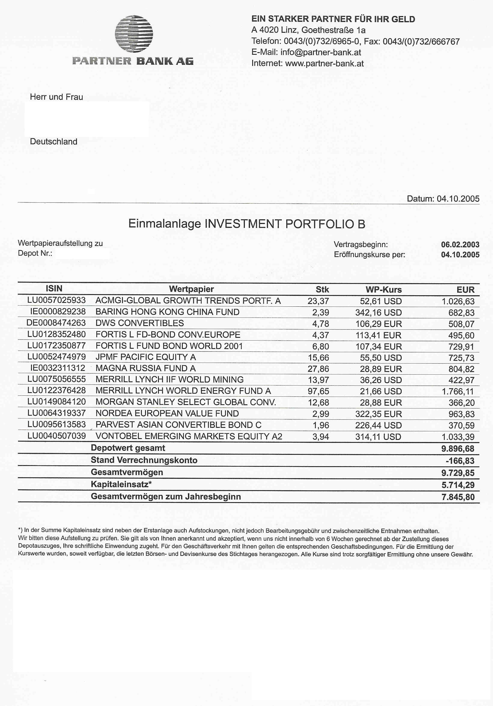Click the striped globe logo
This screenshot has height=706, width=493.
pos(134,34)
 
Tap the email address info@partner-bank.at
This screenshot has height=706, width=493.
pos(321,52)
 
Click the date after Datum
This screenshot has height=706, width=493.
pos(458,199)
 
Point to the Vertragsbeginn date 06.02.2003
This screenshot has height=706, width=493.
pos(460,245)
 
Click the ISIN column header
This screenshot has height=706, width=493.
pos(54,288)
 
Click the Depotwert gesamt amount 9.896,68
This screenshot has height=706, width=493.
pos(458,449)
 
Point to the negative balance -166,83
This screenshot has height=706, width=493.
pos(460,461)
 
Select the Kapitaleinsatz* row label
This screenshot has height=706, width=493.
pos(121,485)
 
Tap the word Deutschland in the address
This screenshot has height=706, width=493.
pos(54,142)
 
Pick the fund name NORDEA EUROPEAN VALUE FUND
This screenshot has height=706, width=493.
pos(167,414)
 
